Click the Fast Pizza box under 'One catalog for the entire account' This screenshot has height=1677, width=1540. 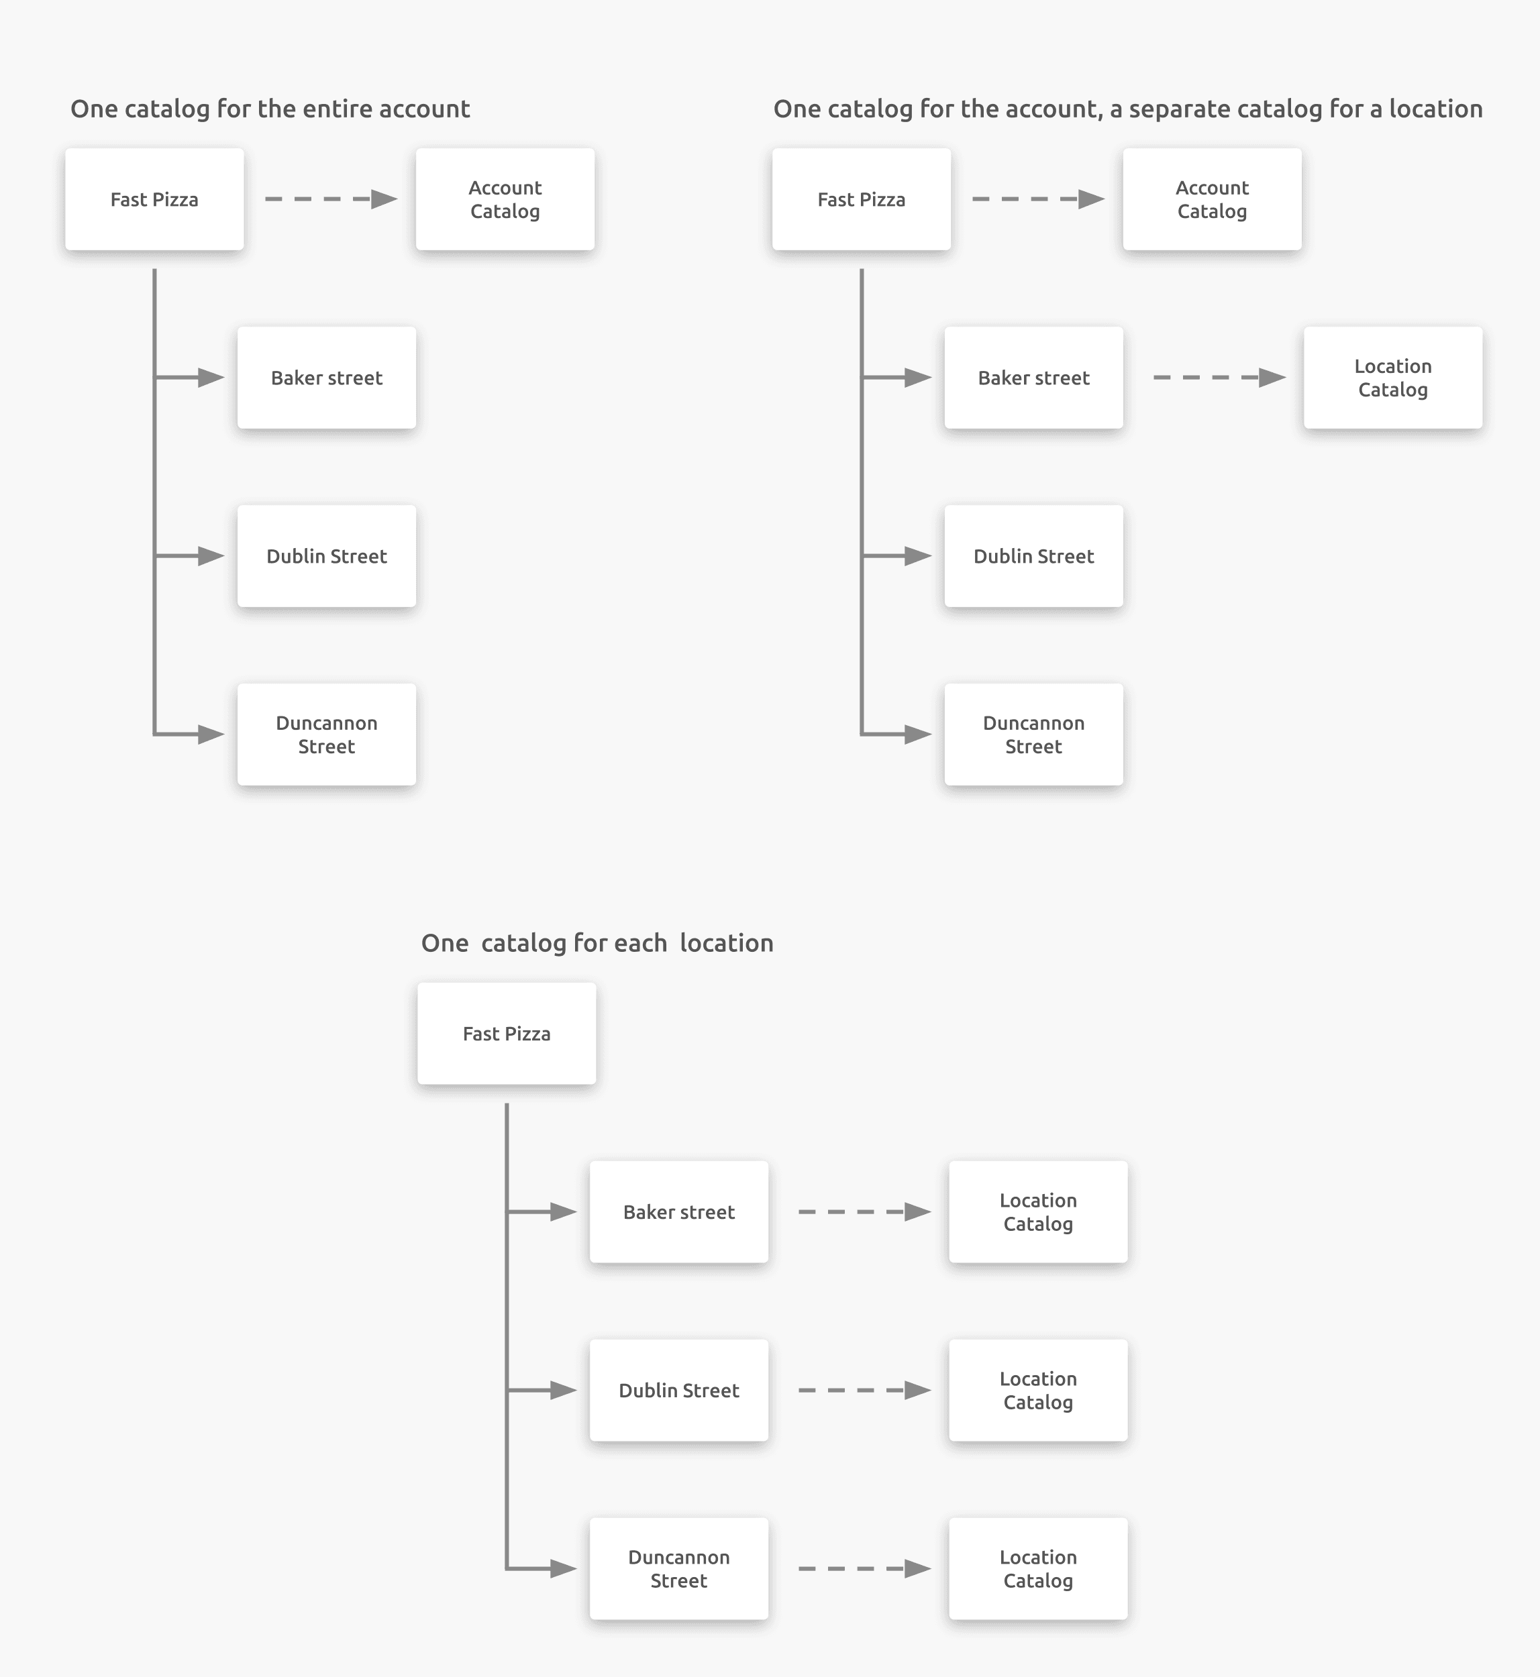click(x=154, y=199)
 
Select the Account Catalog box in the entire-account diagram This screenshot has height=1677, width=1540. click(x=505, y=199)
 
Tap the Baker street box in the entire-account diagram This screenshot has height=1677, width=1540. click(x=327, y=378)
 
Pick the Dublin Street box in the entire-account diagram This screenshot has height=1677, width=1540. click(x=327, y=555)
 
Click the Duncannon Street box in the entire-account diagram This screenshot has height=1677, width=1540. click(x=327, y=734)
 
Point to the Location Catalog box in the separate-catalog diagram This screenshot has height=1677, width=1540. click(x=1392, y=378)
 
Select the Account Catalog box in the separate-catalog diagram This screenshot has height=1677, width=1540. click(x=1212, y=199)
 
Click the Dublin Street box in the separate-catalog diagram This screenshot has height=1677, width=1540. click(x=1033, y=555)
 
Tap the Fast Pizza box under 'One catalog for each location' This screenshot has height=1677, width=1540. click(x=507, y=1033)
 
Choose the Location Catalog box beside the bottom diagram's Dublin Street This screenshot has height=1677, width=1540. click(x=1037, y=1390)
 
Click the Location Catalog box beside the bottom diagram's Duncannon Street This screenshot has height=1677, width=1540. click(x=1037, y=1568)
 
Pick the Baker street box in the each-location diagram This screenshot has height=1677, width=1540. click(x=678, y=1211)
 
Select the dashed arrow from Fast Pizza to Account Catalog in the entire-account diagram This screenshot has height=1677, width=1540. click(x=329, y=199)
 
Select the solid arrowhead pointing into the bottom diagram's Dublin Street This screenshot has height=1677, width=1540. click(x=564, y=1390)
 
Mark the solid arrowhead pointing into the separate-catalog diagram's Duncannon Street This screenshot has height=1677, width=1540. click(x=917, y=734)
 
